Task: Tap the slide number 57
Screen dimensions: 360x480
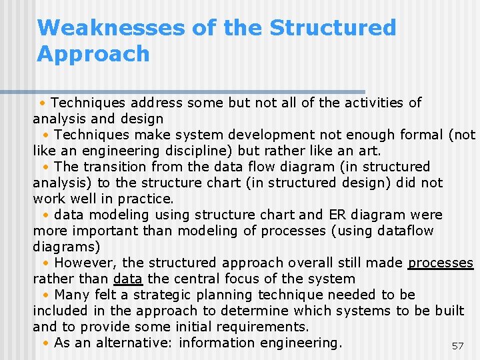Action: point(457,346)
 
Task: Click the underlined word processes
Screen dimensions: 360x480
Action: point(441,263)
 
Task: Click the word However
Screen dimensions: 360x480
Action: point(85,263)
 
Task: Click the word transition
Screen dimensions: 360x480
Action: point(114,167)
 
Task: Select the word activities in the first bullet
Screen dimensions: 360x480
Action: point(371,103)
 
